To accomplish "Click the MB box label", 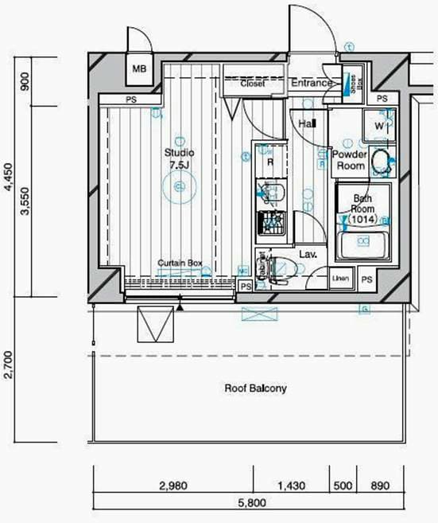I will [139, 68].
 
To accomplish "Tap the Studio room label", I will [179, 152].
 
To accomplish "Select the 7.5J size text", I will [179, 165].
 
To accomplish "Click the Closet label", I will [253, 83].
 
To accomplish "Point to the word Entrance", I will [311, 83].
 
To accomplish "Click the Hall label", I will [307, 125].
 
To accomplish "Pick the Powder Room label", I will [348, 160].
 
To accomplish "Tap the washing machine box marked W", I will [379, 126].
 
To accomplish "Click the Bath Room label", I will [362, 204].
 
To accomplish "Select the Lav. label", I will [308, 255].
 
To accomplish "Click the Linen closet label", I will [340, 279].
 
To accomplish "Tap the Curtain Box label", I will [180, 263].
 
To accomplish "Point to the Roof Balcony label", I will [254, 389].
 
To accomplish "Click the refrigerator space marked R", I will [270, 162].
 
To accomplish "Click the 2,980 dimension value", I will [172, 485].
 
